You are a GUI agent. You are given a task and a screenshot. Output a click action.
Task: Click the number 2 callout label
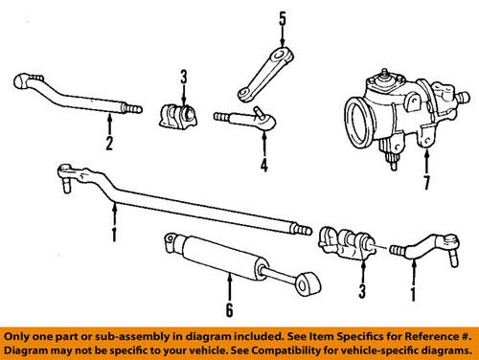[x=109, y=145]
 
